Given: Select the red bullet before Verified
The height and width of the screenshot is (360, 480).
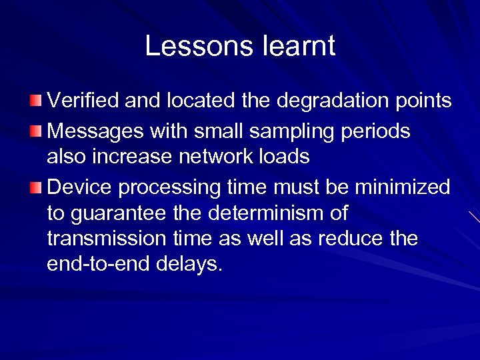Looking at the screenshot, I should point(35,101).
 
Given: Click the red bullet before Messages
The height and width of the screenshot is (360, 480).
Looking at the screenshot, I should point(35,131).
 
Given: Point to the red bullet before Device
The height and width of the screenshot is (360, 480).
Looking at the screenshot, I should point(35,188).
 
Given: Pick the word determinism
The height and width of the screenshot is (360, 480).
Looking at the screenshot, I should point(271,214).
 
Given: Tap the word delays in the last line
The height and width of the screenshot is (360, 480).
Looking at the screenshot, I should point(189,264).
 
